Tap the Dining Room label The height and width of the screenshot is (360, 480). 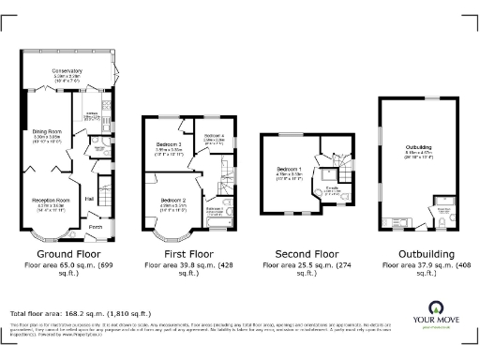pyautogui.click(x=46, y=132)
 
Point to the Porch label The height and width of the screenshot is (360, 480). pyautogui.click(x=95, y=227)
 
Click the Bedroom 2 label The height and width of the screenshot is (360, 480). pyautogui.click(x=173, y=201)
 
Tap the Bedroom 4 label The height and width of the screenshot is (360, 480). pyautogui.click(x=215, y=137)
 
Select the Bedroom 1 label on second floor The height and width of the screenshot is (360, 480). pyautogui.click(x=289, y=169)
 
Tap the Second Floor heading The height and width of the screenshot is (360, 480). pyautogui.click(x=300, y=254)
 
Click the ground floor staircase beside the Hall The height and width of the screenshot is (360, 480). pyautogui.click(x=106, y=198)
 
